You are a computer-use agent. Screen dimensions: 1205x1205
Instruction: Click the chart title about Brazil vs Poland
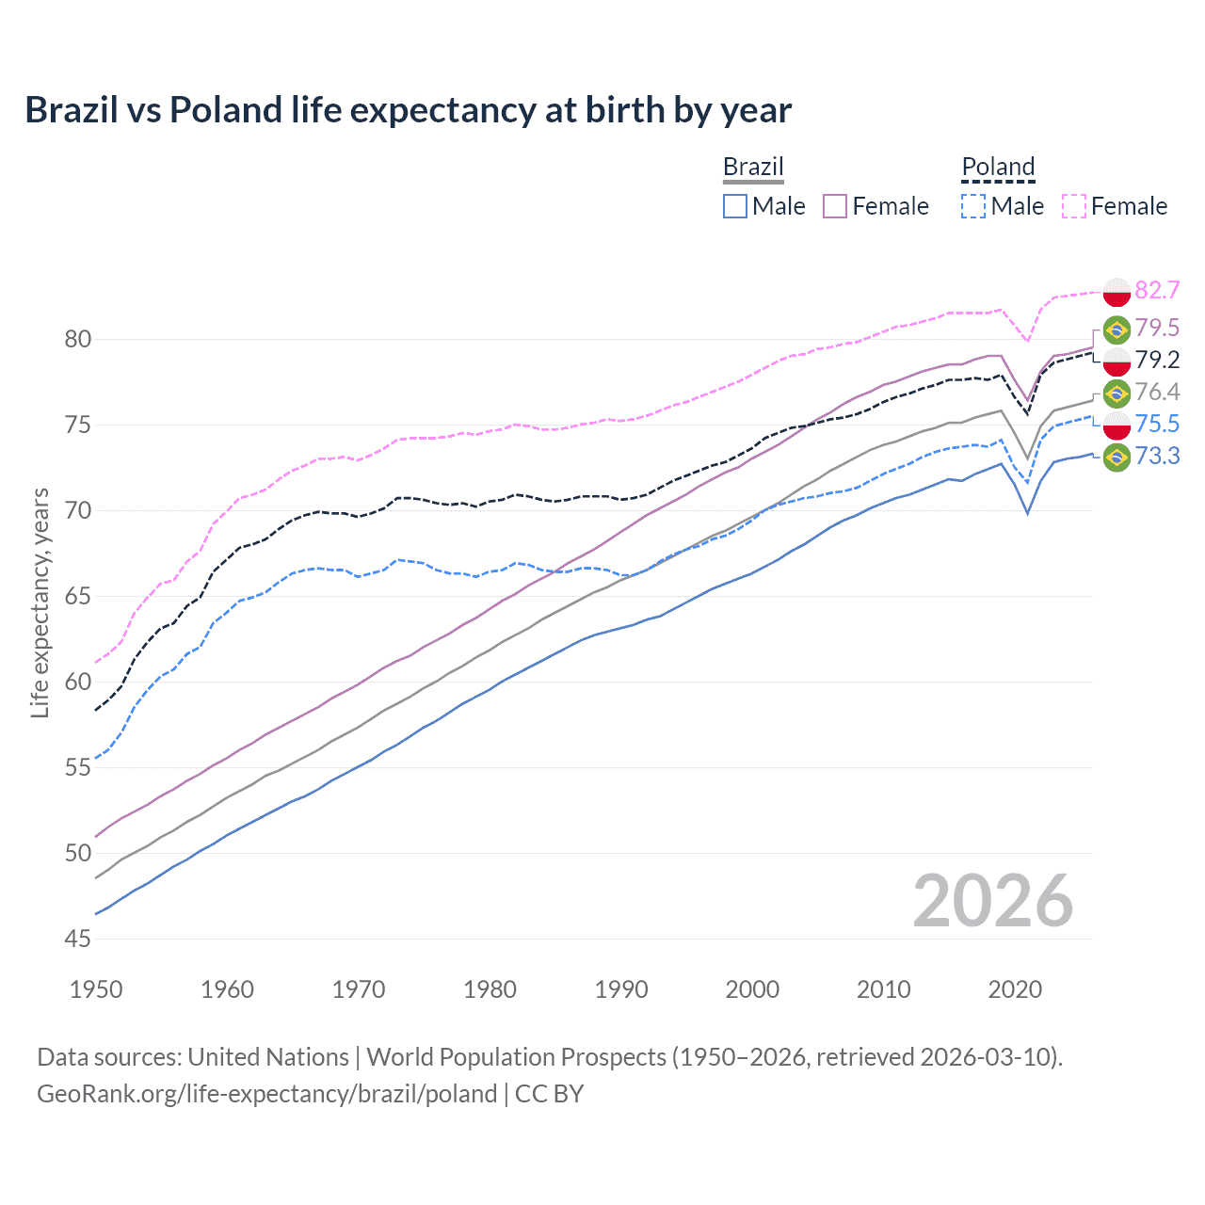point(408,110)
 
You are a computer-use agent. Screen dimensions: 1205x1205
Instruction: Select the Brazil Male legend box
point(735,206)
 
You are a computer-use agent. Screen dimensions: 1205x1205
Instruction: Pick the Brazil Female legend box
point(835,206)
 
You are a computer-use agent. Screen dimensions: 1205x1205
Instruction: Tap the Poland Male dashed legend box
point(973,206)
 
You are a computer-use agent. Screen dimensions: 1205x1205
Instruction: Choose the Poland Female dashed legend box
point(1074,206)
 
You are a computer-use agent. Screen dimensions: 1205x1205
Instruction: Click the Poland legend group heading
point(998,167)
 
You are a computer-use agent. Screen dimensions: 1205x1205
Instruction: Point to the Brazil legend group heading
point(753,167)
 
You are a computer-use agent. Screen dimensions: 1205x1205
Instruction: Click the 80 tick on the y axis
point(78,339)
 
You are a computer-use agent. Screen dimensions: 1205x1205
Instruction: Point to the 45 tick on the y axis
point(78,939)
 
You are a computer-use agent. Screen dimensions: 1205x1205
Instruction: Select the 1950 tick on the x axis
point(96,989)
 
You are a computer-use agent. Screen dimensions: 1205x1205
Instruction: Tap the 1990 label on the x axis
point(621,989)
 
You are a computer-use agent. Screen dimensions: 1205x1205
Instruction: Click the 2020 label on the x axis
point(1015,989)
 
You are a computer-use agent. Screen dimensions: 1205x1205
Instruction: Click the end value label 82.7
point(1157,290)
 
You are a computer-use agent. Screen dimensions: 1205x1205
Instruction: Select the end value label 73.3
point(1157,457)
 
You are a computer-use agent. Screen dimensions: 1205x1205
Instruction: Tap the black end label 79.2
point(1157,361)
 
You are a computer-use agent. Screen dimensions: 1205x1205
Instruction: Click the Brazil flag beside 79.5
point(1117,329)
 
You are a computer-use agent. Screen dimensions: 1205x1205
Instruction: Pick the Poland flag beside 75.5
point(1117,426)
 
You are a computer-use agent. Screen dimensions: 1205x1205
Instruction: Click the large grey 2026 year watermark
point(993,901)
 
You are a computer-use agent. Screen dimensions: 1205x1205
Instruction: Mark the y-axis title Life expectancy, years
point(40,602)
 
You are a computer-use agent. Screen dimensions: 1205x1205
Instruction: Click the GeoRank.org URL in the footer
point(266,1094)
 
